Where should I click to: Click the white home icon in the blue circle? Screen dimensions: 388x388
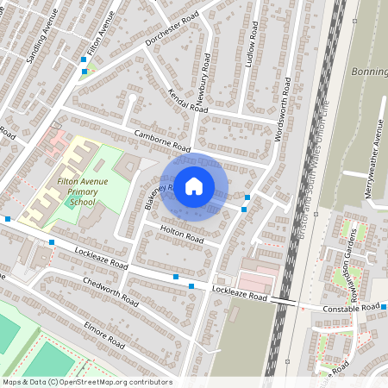click(x=194, y=185)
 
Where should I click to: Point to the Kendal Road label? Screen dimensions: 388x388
click(x=188, y=101)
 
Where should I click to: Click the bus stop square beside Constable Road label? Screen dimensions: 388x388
click(x=385, y=307)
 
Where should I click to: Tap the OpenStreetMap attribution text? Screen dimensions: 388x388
click(x=87, y=382)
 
